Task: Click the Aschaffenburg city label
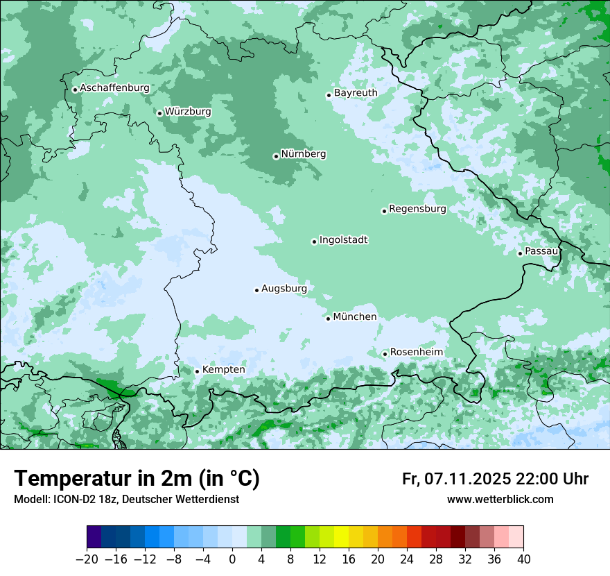pos(114,88)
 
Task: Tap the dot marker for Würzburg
pos(159,113)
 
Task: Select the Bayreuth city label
pos(356,92)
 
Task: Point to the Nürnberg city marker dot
pos(276,156)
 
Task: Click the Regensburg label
pos(417,208)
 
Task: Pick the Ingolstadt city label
pos(343,240)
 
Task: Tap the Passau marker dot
pos(520,253)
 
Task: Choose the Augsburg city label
pos(284,288)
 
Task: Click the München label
pos(354,316)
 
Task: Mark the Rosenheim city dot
pos(385,354)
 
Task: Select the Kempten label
pos(223,369)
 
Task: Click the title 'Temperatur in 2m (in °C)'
pos(137,478)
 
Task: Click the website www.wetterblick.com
pos(500,499)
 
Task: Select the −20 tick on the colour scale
pos(87,559)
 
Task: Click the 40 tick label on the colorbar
pos(523,559)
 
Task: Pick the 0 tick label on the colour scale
pos(232,559)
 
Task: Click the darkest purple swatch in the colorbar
pos(94,537)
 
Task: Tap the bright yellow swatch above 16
pos(341,537)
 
